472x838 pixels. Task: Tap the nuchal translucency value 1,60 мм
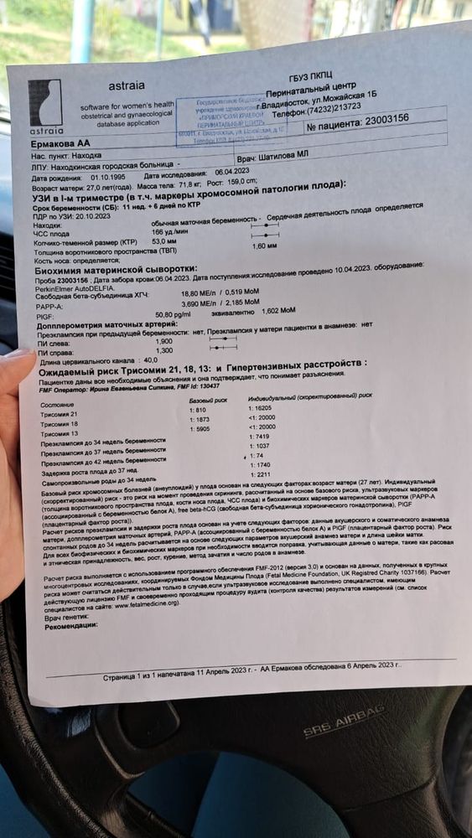pos(264,246)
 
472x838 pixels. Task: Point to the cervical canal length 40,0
pos(151,360)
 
